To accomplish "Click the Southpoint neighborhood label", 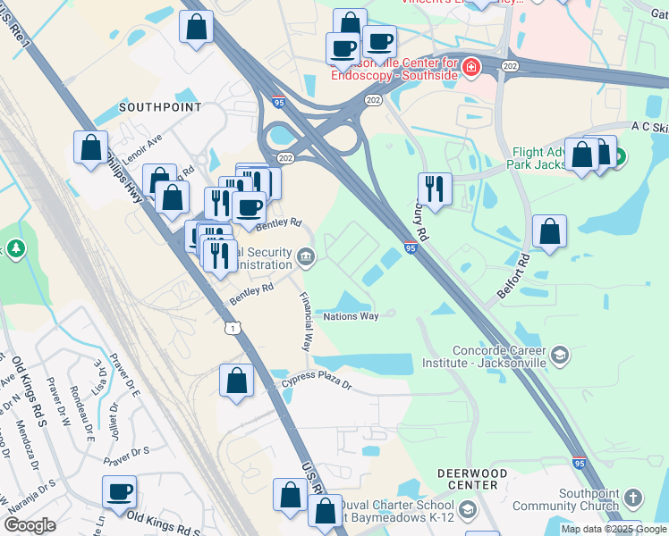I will tap(160, 107).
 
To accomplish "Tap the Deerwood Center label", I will tap(472, 478).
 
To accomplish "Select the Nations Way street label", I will tap(351, 316).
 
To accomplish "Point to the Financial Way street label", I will tap(306, 321).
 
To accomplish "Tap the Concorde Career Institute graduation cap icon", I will tap(560, 356).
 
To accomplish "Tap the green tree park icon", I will tap(15, 247).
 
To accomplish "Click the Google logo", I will tap(30, 524).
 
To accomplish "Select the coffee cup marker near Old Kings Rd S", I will tap(119, 490).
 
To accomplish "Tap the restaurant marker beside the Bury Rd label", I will tap(434, 188).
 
